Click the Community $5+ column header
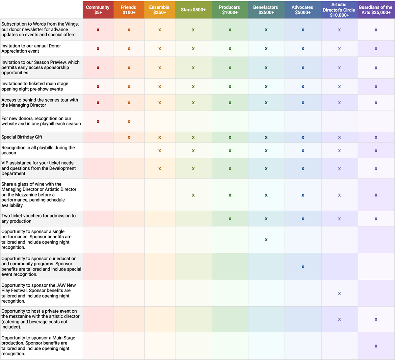click(x=98, y=10)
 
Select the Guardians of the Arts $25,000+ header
click(x=376, y=10)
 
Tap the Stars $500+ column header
click(x=193, y=10)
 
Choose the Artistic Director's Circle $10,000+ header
click(x=339, y=10)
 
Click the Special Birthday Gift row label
click(x=22, y=137)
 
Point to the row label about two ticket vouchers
click(x=39, y=219)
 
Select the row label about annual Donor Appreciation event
click(x=31, y=48)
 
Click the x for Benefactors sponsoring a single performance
click(x=266, y=240)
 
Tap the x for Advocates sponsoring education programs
click(x=303, y=267)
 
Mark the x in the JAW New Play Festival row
click(x=339, y=294)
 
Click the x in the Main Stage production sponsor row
click(x=376, y=346)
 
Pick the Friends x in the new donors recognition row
click(x=129, y=122)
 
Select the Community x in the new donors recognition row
click(x=98, y=122)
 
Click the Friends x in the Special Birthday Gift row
click(x=129, y=138)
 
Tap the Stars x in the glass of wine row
click(x=193, y=195)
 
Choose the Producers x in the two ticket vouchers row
click(x=230, y=219)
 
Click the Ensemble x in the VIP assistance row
click(x=160, y=169)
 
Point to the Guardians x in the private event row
click(x=376, y=320)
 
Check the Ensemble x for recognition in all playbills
click(x=160, y=151)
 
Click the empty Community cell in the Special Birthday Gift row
click(x=98, y=137)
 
